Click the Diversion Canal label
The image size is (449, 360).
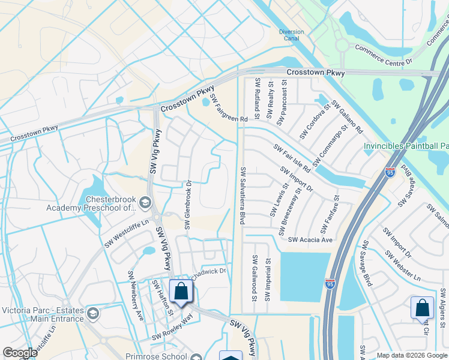pos(292,35)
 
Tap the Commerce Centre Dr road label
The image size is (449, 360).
pos(384,55)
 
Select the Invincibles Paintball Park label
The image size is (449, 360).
pos(406,146)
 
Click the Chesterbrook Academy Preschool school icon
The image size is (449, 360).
pos(145,203)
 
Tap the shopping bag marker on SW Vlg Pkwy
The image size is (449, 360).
pos(181,292)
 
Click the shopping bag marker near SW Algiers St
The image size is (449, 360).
pos(422,308)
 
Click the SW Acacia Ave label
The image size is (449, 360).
pos(310,239)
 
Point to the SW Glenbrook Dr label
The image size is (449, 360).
pos(187,205)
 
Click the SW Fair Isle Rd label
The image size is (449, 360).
pos(292,158)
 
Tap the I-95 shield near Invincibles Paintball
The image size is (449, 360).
pos(390,172)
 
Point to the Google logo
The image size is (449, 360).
pos(20,353)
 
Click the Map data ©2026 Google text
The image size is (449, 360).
pos(412,355)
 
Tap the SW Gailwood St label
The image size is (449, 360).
pos(255,278)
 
